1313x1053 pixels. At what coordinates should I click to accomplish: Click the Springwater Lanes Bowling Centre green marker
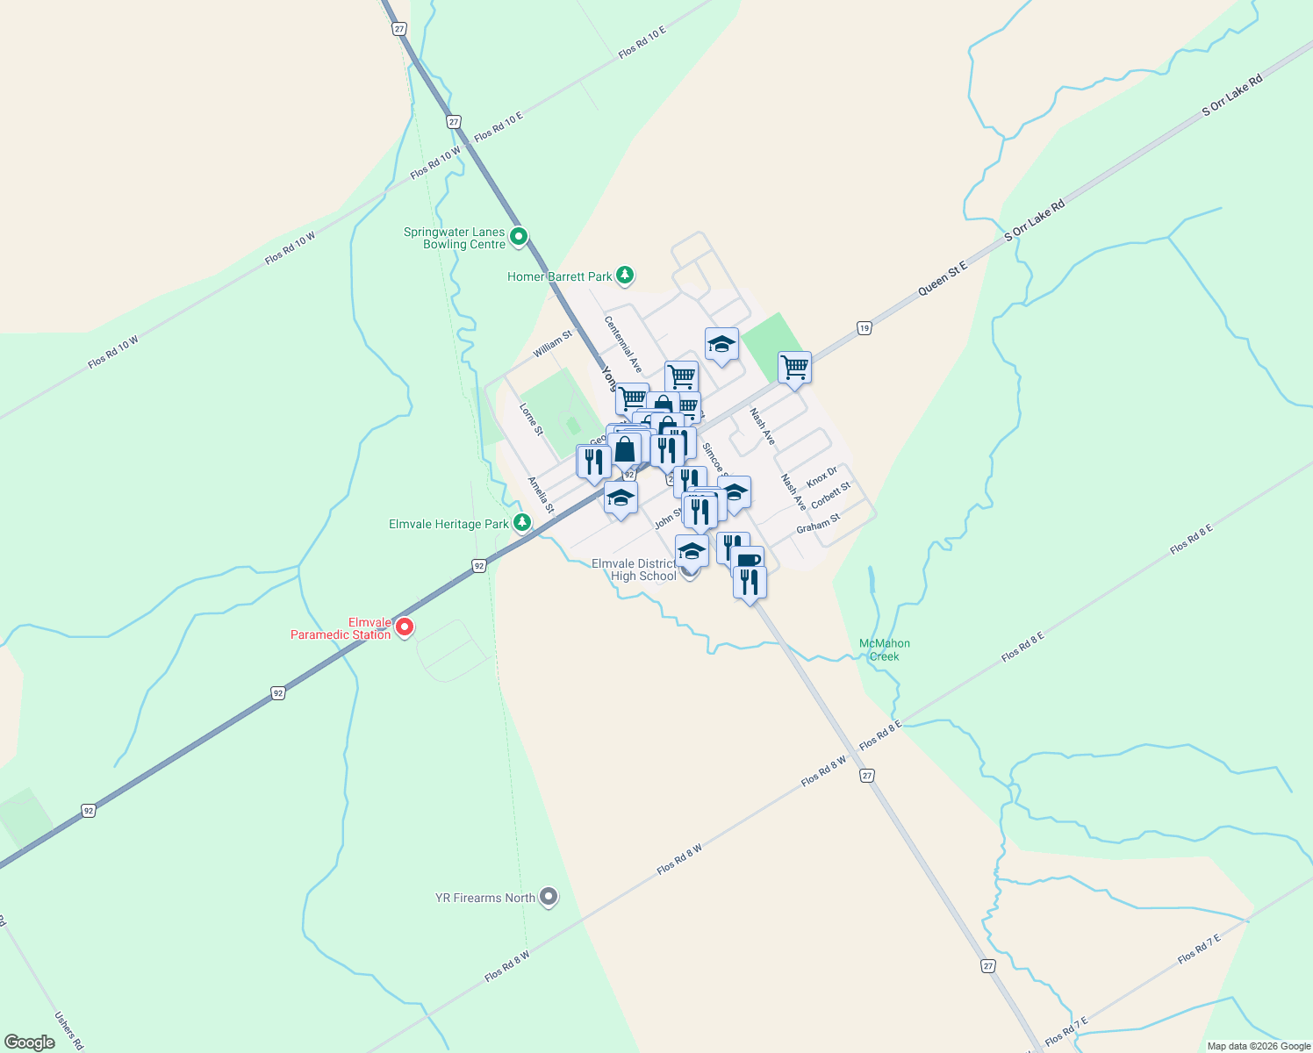[519, 237]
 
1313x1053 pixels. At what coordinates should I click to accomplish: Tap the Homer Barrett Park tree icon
[624, 276]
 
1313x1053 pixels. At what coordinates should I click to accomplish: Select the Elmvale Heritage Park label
[448, 525]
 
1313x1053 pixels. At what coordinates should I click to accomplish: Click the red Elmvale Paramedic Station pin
[405, 627]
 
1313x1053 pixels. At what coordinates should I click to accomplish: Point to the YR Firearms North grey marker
[549, 897]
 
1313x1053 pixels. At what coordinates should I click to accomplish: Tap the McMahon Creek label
[885, 650]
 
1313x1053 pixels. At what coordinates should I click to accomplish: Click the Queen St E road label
[943, 279]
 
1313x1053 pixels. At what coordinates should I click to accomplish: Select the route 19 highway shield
[865, 328]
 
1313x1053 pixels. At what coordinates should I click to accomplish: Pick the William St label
[553, 344]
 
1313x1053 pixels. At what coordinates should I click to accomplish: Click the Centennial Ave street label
[623, 344]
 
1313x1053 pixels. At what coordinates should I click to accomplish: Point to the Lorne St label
[531, 419]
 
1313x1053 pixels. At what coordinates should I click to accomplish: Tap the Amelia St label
[541, 495]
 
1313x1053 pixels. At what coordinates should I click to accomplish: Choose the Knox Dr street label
[822, 477]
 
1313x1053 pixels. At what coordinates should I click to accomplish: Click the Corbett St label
[830, 495]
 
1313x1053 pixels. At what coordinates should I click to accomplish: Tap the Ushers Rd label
[68, 1031]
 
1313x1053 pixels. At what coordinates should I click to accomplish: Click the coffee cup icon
[747, 560]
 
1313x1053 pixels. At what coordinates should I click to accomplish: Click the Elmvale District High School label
[634, 569]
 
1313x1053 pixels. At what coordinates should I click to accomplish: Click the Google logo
[29, 1042]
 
